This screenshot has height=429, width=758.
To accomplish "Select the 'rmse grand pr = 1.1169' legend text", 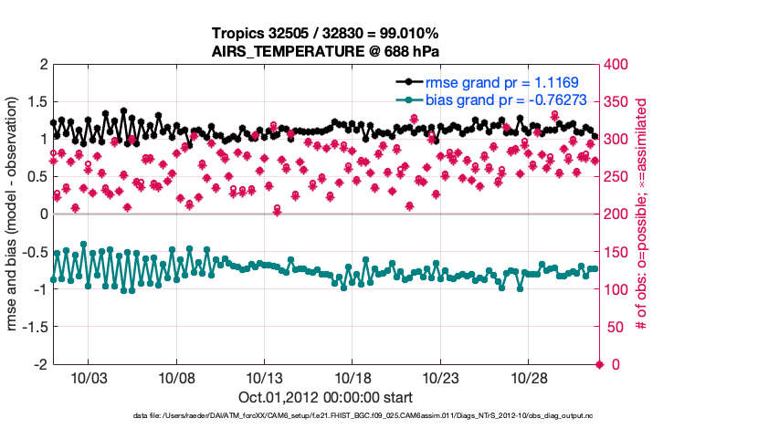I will pyautogui.click(x=500, y=82).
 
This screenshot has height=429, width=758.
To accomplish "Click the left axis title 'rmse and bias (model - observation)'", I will pyautogui.click(x=13, y=214).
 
